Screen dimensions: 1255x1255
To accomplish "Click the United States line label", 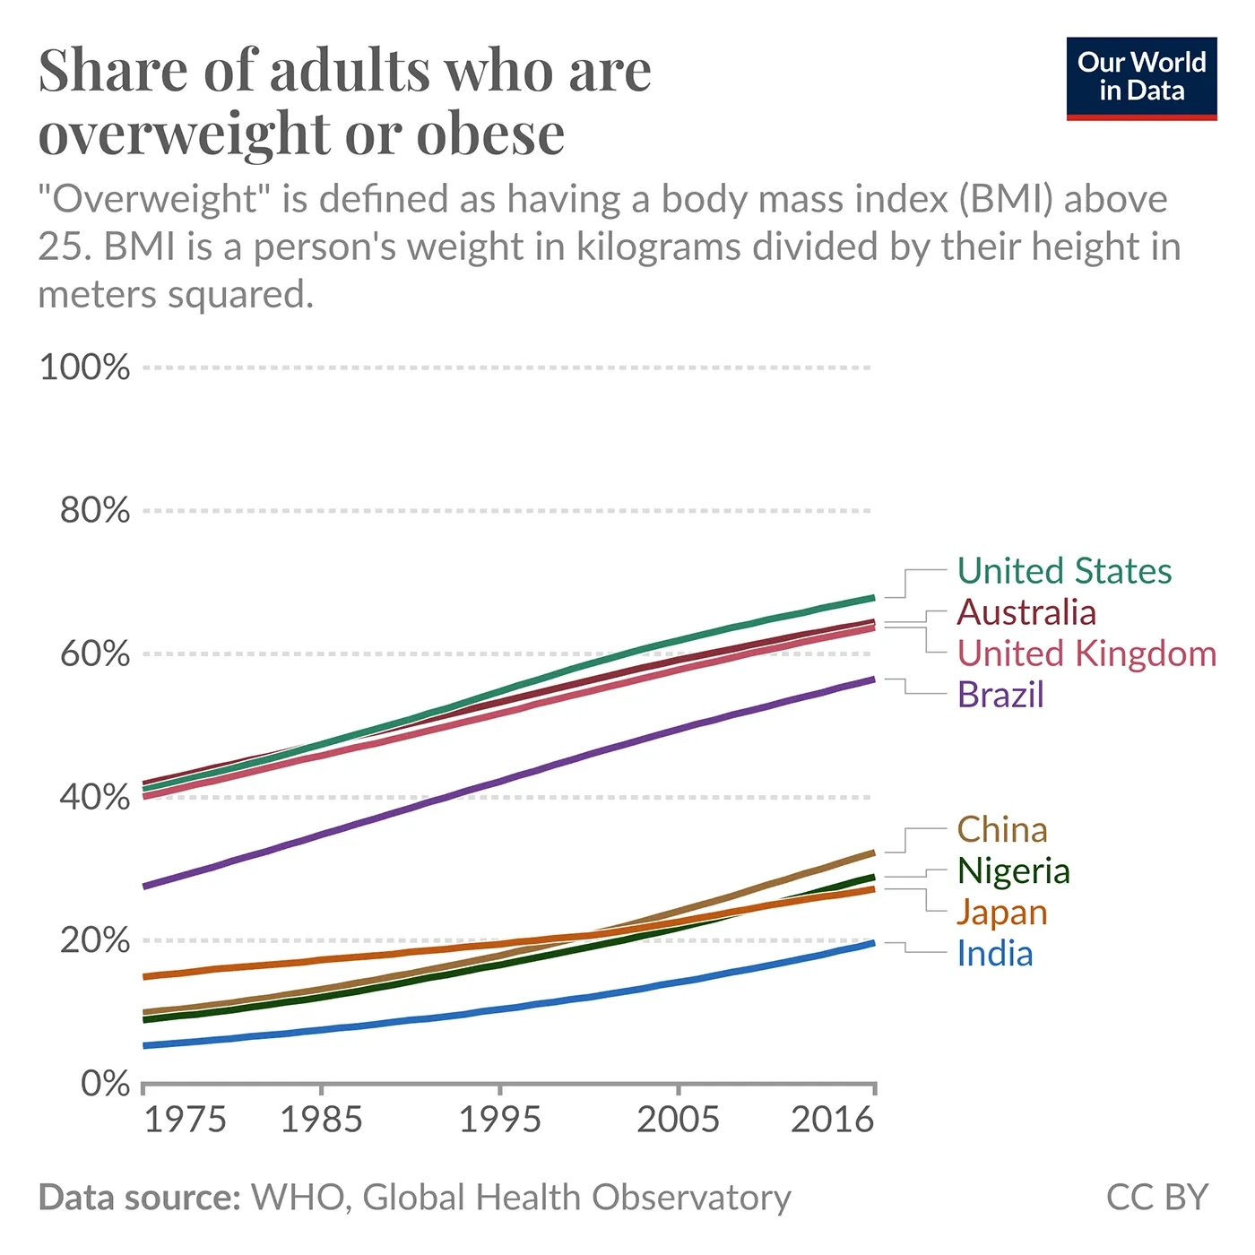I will [x=1064, y=571].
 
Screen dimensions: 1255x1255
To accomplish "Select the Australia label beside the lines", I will [x=1026, y=612].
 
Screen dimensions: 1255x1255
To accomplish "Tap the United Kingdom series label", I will [x=1086, y=653].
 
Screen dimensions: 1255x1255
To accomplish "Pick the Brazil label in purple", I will [x=1000, y=695].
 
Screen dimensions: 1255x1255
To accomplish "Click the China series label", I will [x=1002, y=830].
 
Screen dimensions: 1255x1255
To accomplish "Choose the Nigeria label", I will [x=1013, y=871].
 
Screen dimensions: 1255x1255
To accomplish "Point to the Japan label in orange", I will [x=1002, y=913].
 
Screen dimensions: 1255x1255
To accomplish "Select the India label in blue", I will [x=995, y=954].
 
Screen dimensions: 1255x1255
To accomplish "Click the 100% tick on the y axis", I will [x=84, y=368].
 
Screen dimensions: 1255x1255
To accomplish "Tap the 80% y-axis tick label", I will [x=94, y=511].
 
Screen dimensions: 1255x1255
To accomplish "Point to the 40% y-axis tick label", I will [x=94, y=797].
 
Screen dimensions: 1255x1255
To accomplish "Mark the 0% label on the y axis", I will [x=105, y=1084].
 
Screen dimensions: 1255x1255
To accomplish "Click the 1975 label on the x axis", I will [x=185, y=1120].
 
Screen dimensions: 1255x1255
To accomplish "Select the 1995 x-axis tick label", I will [x=499, y=1120].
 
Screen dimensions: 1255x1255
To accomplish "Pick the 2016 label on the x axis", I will [x=832, y=1120].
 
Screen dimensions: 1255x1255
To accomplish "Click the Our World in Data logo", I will [x=1141, y=78].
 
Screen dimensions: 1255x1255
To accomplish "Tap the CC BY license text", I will [x=1157, y=1198].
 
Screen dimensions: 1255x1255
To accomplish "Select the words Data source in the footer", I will [x=140, y=1198].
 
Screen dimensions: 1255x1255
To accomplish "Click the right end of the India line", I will [x=872, y=943].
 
